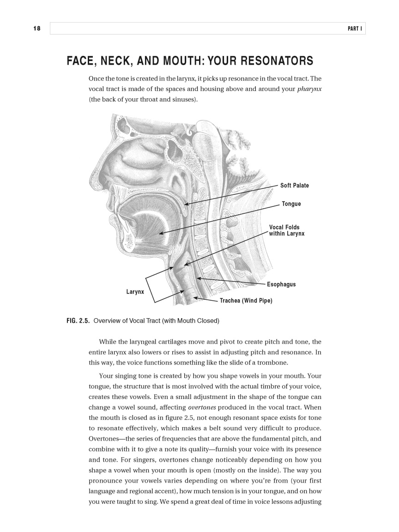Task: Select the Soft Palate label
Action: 294,186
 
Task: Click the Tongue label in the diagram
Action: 291,204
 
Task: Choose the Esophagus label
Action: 281,284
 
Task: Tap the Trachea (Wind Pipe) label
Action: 246,301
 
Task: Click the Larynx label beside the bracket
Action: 135,292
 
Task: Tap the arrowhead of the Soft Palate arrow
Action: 185,204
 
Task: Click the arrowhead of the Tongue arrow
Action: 159,234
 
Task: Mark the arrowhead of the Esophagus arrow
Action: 198,278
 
